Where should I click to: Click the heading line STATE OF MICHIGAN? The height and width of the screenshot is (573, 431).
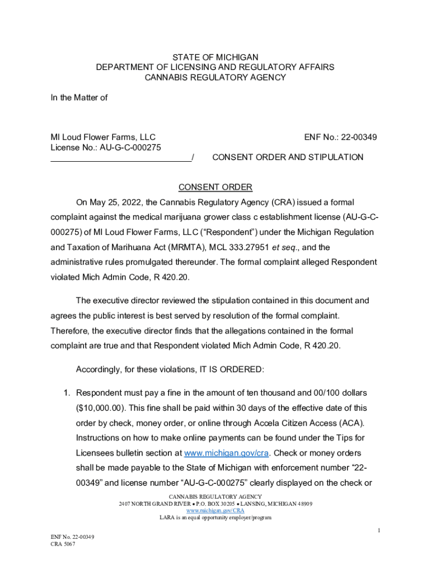point(215,57)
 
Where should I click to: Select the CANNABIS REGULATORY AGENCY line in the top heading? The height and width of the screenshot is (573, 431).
point(215,77)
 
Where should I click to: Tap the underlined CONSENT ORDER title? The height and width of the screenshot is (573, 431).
point(215,187)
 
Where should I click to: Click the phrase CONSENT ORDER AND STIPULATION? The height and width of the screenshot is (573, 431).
point(288,157)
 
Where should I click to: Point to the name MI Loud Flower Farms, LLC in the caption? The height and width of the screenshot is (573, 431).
point(103,137)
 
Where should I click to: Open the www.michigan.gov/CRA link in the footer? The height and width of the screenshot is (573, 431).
point(215,511)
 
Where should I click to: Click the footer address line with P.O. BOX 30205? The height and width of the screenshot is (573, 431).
point(215,504)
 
